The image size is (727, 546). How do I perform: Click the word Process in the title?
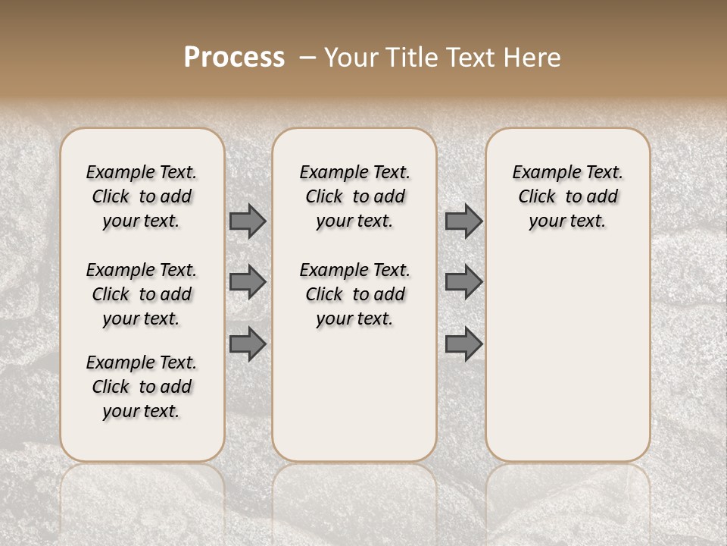coord(234,58)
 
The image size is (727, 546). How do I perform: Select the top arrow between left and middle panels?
coord(248,221)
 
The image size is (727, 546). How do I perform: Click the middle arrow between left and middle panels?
coord(248,282)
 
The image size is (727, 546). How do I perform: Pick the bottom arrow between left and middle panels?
coord(248,344)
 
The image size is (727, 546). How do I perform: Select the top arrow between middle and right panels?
coord(463,221)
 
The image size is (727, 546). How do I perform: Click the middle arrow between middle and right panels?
coord(463,282)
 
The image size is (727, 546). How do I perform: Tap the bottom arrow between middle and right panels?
coord(463,344)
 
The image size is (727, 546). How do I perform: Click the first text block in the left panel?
coord(142,196)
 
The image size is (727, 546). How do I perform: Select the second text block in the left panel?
coord(142,294)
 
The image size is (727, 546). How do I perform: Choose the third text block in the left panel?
coord(142,387)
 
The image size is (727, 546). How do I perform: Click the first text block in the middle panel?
coord(354,196)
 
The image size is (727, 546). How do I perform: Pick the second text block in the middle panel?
coord(354,294)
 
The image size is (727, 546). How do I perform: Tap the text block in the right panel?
coord(567,196)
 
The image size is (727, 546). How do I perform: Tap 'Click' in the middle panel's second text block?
coord(324,294)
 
